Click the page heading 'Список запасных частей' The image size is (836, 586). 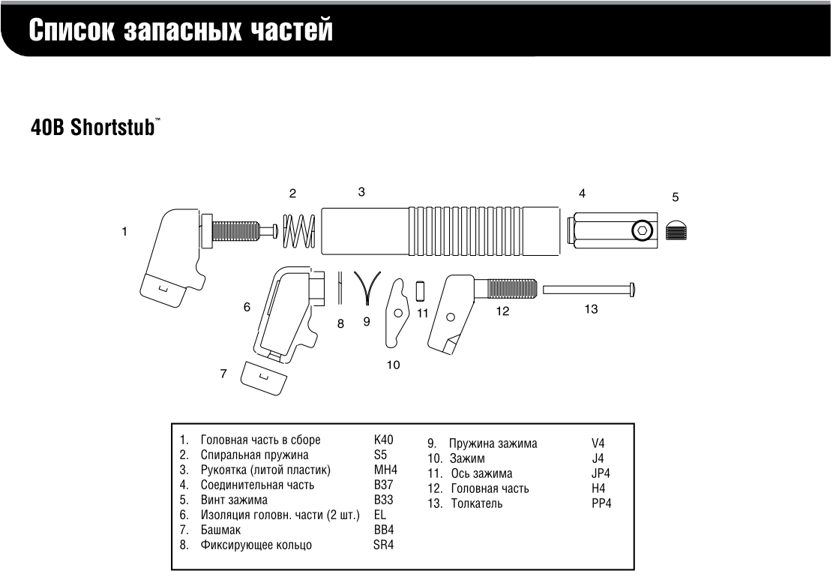[x=181, y=31]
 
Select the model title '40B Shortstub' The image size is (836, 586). [x=93, y=127]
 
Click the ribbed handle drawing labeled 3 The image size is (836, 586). [x=441, y=229]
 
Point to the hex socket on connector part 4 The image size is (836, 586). [x=641, y=231]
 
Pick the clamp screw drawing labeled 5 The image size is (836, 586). [x=679, y=230]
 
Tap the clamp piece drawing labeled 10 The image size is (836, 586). [x=395, y=313]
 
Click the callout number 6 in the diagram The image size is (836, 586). [x=247, y=307]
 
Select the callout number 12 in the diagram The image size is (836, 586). [x=502, y=311]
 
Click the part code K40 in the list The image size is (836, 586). [x=383, y=440]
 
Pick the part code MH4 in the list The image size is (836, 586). [x=385, y=470]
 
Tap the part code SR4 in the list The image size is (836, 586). [x=383, y=545]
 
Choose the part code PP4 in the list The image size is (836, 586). [x=601, y=503]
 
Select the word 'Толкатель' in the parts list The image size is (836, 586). [x=477, y=503]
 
